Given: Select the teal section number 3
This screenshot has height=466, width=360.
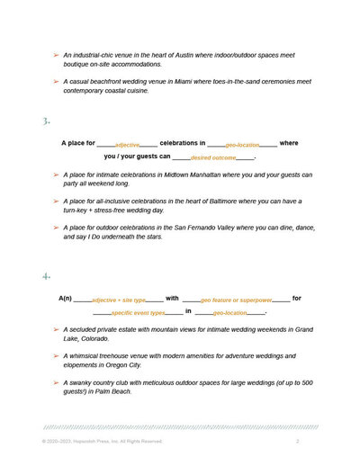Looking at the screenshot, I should tap(45, 121).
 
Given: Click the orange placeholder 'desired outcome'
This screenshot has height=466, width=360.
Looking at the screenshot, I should tap(213, 157).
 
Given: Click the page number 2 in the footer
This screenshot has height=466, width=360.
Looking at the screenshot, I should tap(298, 442).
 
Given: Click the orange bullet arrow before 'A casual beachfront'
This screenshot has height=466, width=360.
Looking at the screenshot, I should tap(55, 82).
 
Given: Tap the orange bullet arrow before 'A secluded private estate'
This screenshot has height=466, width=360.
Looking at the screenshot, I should tap(55, 330).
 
